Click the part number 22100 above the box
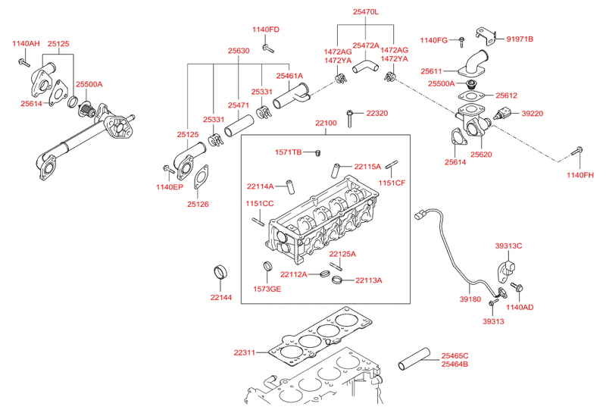pos(326,123)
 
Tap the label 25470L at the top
pos(366,12)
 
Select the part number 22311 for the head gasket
pos(244,352)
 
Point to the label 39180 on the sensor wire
pos(470,299)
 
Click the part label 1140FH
pos(580,175)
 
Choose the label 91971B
pos(520,39)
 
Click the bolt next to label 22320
pos(349,118)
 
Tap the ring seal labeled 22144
pos(220,272)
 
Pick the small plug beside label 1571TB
pos(318,153)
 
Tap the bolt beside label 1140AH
pos(24,62)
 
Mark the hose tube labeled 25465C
pos(414,359)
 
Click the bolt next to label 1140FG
pos(461,42)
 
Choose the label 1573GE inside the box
pos(267,289)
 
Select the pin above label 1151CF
pos(392,164)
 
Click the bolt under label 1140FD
pos(268,48)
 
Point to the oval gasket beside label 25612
pos(470,96)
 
